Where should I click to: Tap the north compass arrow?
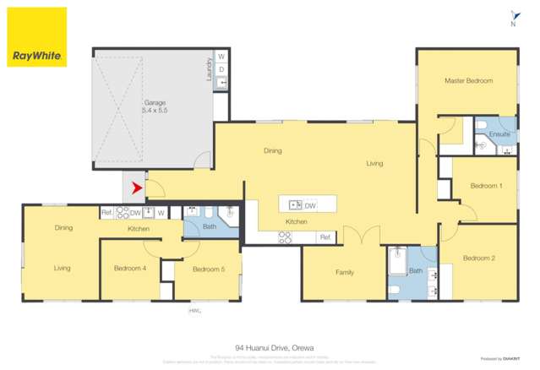pyautogui.click(x=513, y=16)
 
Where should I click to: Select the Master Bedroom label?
pyautogui.click(x=468, y=81)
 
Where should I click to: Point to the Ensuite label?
pyautogui.click(x=499, y=133)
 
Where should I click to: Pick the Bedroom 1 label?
pyautogui.click(x=486, y=186)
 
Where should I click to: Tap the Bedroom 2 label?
pyautogui.click(x=478, y=258)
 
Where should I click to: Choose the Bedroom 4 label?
pyautogui.click(x=130, y=269)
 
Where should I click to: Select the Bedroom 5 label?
pyautogui.click(x=208, y=269)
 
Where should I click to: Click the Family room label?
pyautogui.click(x=345, y=272)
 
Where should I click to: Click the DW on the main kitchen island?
pyautogui.click(x=310, y=205)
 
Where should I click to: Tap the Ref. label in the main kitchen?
pyautogui.click(x=324, y=238)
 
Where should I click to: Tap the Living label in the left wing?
pyautogui.click(x=62, y=269)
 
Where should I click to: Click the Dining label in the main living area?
pyautogui.click(x=272, y=151)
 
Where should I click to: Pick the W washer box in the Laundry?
pyautogui.click(x=221, y=57)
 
